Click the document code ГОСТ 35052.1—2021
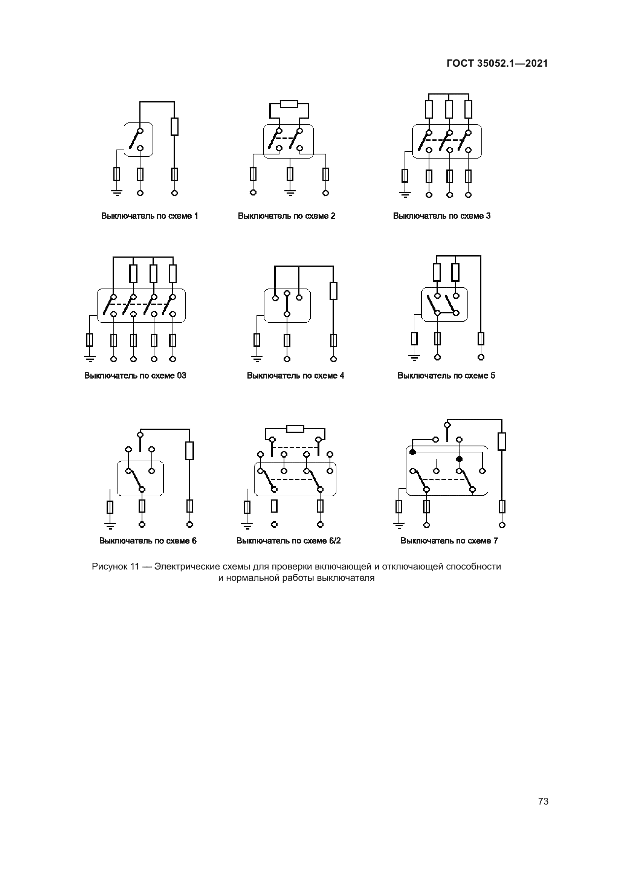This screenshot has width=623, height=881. (497, 63)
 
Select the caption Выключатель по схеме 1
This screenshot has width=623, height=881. (150, 216)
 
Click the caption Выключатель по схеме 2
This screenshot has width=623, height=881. (287, 216)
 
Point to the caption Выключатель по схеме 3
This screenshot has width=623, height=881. (441, 216)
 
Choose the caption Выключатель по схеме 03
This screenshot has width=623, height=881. (135, 376)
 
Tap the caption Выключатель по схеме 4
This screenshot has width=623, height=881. (295, 376)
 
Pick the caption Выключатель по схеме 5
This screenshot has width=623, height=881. (446, 376)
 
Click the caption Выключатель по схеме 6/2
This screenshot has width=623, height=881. (289, 541)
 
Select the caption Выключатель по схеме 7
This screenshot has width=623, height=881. (449, 541)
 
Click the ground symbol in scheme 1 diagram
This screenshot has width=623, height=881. (117, 192)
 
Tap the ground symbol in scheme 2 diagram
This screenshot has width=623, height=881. (290, 192)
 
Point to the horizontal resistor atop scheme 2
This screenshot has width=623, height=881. (289, 104)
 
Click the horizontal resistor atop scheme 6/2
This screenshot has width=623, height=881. (295, 429)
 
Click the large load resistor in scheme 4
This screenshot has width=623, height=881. (334, 291)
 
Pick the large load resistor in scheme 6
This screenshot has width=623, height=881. (189, 450)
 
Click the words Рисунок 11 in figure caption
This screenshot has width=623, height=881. (115, 567)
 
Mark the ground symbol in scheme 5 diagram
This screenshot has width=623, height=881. (414, 357)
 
